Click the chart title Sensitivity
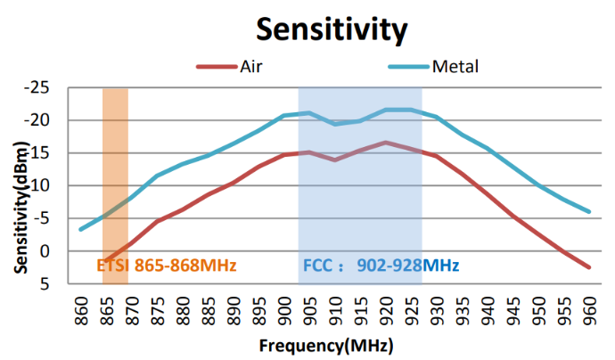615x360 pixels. tap(332, 29)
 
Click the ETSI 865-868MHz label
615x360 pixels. tap(166, 265)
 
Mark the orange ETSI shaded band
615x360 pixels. tap(115, 178)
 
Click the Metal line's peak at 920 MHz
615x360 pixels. tap(386, 110)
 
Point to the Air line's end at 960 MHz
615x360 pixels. tap(588, 267)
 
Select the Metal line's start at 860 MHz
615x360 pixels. tap(82, 229)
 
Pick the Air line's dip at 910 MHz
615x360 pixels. tap(335, 160)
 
